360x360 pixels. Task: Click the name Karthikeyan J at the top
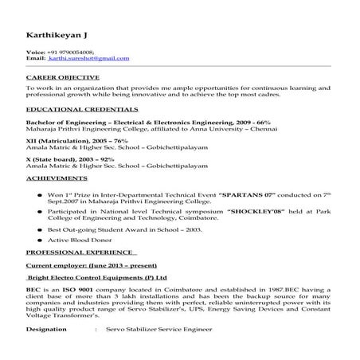54,36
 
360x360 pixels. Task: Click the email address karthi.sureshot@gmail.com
88,58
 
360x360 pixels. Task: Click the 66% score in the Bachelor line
263,123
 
